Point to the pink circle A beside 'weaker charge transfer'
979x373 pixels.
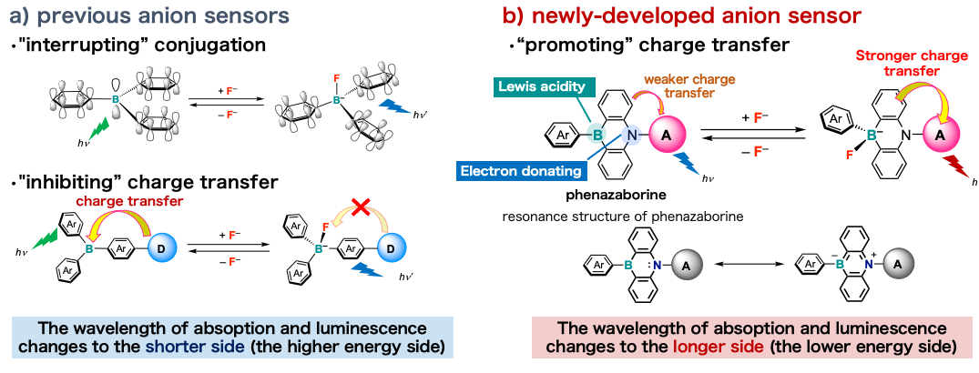point(668,135)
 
